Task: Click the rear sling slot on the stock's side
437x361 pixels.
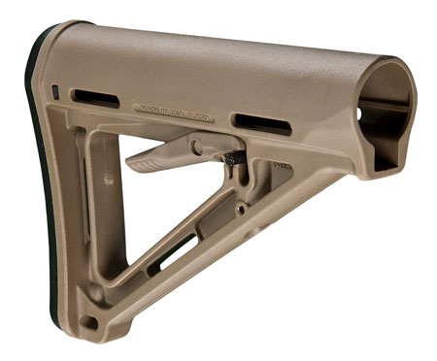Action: point(95,98)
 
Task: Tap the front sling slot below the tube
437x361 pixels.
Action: point(261,123)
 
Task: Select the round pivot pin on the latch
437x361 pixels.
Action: point(198,148)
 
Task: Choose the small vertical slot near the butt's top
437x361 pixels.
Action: point(55,93)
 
